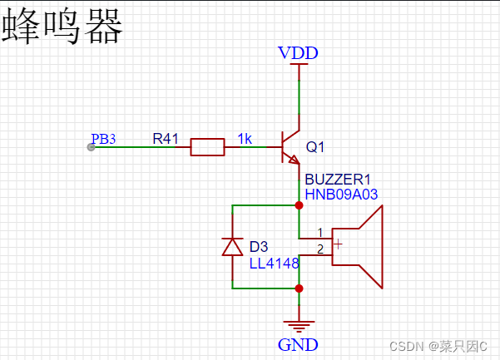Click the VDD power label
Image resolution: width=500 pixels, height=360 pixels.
coord(298,54)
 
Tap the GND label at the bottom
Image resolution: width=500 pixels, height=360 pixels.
coord(298,343)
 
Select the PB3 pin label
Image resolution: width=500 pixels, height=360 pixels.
coord(103,139)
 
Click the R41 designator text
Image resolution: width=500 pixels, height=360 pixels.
coord(165,138)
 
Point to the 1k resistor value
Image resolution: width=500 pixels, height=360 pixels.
coord(245,138)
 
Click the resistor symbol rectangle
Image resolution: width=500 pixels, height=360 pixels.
coord(207,148)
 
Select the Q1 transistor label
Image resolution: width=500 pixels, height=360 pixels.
coord(316,147)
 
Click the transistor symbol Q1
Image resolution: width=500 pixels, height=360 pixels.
coord(291,147)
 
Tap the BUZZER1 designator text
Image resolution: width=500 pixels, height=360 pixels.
coord(336,179)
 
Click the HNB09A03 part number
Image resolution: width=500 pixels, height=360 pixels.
coord(342,194)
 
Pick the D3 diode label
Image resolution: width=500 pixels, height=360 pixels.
coord(259,247)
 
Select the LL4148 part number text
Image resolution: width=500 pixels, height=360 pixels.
coord(273,263)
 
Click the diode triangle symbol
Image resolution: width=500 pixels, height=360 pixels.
coord(232,246)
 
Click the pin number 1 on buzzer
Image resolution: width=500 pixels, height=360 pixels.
coord(320,232)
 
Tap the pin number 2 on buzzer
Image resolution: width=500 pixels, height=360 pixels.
coord(320,249)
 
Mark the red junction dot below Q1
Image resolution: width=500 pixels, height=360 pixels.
coord(299,204)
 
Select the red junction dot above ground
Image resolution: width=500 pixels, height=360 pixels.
coord(299,288)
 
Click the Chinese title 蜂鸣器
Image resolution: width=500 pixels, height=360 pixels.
coord(63,27)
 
